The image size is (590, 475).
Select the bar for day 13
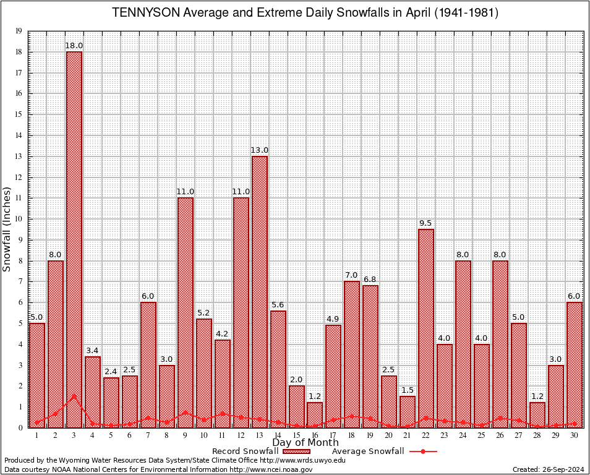[260, 291]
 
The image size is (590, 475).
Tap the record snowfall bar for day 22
[426, 328]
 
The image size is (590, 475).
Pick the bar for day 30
[575, 364]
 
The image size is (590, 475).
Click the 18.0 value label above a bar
[74, 46]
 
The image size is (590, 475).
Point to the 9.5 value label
[426, 223]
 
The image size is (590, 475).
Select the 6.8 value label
[370, 280]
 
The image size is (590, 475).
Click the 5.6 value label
[278, 305]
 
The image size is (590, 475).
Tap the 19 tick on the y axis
[19, 31]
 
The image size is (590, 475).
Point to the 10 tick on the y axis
[19, 219]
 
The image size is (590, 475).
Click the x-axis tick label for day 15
[296, 435]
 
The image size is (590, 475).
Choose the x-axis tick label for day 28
[537, 435]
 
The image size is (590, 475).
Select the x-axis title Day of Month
[306, 443]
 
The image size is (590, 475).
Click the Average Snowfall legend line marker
[422, 451]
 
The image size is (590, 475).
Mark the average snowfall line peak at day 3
[74, 396]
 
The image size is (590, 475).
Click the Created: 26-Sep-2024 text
[548, 469]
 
